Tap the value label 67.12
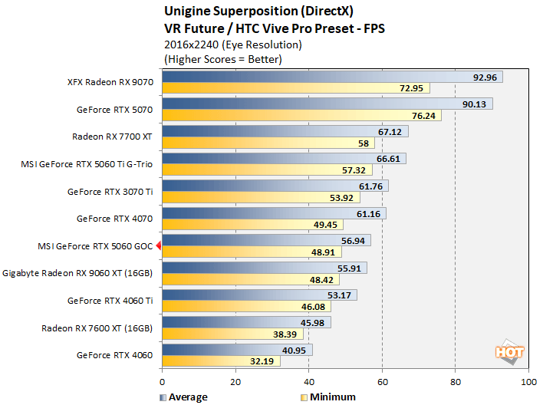(393, 131)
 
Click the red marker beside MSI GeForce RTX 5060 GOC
(158, 245)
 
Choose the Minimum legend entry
(328, 397)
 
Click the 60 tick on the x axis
(382, 380)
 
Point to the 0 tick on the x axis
(162, 380)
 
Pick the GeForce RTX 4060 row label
(115, 355)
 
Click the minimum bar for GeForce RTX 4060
(221, 361)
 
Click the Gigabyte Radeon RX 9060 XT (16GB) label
(78, 272)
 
